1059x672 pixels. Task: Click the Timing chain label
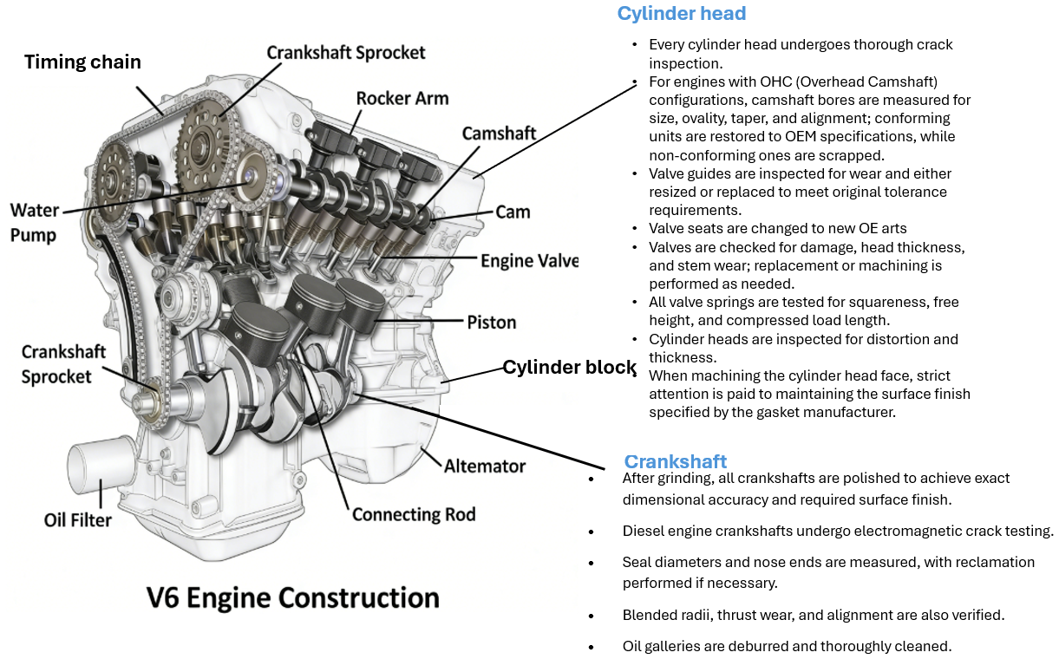(x=82, y=62)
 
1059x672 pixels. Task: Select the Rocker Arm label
(x=402, y=98)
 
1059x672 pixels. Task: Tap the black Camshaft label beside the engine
(x=499, y=134)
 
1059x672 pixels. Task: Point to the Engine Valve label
(x=529, y=261)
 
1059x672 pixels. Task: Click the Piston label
(x=492, y=323)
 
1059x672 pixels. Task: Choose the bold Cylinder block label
(x=570, y=368)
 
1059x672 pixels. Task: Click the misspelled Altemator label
(x=485, y=466)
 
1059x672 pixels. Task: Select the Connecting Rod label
(x=414, y=515)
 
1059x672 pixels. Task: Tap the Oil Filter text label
(x=78, y=520)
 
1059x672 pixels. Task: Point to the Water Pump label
(x=34, y=223)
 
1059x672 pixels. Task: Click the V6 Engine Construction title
(x=293, y=598)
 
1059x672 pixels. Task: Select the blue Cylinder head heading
(x=681, y=14)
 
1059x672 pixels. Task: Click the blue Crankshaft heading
(x=676, y=462)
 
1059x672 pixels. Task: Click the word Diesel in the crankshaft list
(x=643, y=532)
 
